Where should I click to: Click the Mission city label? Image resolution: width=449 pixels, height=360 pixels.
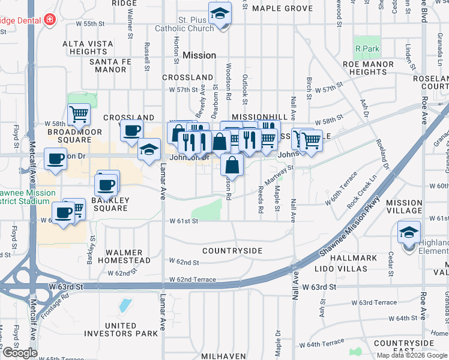pos(199,55)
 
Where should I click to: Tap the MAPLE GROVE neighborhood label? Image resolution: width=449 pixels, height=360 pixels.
pos(282,8)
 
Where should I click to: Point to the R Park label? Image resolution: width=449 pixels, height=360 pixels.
pos(365,48)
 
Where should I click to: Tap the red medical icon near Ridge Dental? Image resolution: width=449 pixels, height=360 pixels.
pos(49,20)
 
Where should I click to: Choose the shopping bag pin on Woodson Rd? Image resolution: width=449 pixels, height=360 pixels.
pos(231,164)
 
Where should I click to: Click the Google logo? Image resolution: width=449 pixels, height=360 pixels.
pos(19,353)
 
